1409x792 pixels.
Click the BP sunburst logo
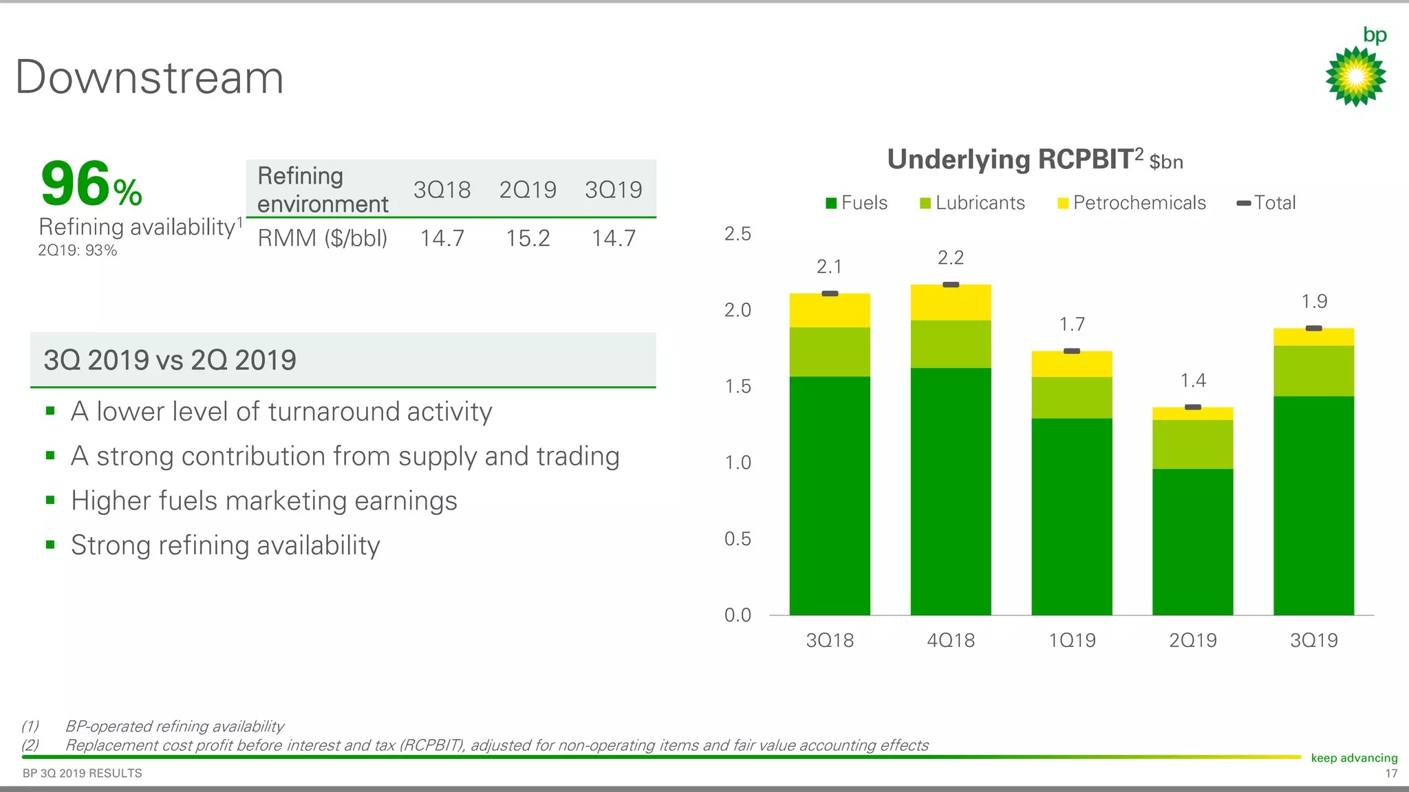click(x=1355, y=76)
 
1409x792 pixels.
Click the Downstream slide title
click(x=149, y=77)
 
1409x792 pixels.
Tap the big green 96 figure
click(x=76, y=184)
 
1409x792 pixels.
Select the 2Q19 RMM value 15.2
click(x=528, y=239)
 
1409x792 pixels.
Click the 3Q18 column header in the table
click(x=442, y=190)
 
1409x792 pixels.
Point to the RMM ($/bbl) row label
click(x=322, y=239)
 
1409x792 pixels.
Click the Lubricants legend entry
click(x=972, y=203)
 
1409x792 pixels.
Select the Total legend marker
click(x=1244, y=203)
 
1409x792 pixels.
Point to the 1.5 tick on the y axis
click(x=738, y=386)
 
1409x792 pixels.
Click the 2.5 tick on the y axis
click(x=738, y=234)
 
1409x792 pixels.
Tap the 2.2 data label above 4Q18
click(x=951, y=258)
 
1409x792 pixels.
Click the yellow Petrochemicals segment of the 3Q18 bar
click(x=830, y=311)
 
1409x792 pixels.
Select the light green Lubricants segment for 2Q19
click(x=1193, y=444)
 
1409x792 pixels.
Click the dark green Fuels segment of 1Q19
click(x=1072, y=516)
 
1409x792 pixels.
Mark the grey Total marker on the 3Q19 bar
click(x=1314, y=329)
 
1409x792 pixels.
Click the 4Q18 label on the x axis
click(x=951, y=640)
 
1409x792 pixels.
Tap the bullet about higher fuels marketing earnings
click(x=263, y=500)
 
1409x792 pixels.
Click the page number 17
click(x=1391, y=774)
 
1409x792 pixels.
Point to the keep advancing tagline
click(x=1354, y=758)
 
